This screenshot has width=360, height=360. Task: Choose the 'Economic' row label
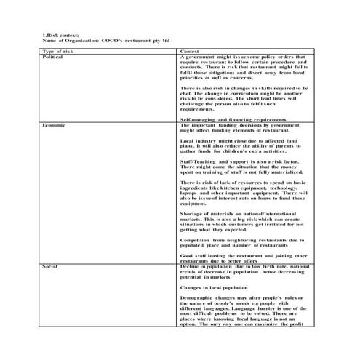[x=56, y=124]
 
